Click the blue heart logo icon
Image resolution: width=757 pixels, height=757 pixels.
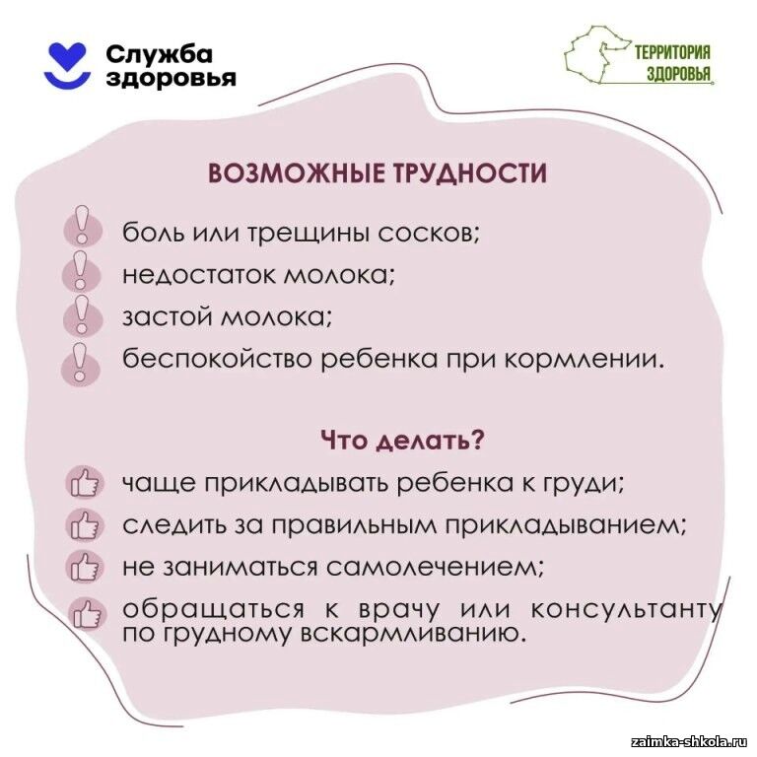tap(67, 66)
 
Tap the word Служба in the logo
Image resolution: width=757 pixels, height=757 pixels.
tap(159, 54)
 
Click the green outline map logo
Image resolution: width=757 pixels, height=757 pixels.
tap(596, 56)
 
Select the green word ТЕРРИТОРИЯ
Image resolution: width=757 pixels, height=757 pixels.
tap(672, 52)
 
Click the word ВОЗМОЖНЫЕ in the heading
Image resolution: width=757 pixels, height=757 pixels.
tap(295, 172)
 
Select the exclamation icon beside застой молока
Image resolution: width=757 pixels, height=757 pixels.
tap(83, 314)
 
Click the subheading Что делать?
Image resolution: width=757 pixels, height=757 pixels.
tap(402, 441)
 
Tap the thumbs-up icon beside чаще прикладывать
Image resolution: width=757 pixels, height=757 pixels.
tap(85, 483)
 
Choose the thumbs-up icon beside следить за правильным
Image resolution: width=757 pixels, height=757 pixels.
tap(85, 524)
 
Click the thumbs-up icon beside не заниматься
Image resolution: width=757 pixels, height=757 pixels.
tap(85, 566)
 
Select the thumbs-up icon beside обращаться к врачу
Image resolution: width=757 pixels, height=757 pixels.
tap(86, 614)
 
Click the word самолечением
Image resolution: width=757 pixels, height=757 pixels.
tap(435, 567)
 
